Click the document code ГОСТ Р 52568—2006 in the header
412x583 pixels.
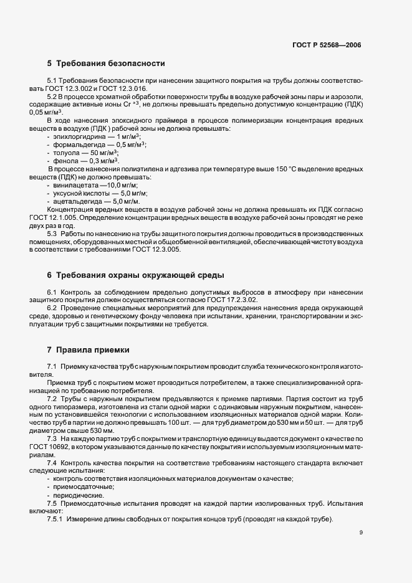tap(327, 45)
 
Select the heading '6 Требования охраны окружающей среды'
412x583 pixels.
tap(135, 275)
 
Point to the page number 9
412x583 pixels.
tap(361, 533)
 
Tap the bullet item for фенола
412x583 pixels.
tap(87, 161)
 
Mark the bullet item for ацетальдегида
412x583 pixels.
tap(97, 202)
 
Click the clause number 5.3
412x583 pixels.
tap(52, 234)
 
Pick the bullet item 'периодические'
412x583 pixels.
tap(79, 495)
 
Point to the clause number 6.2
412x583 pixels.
tap(52, 309)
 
